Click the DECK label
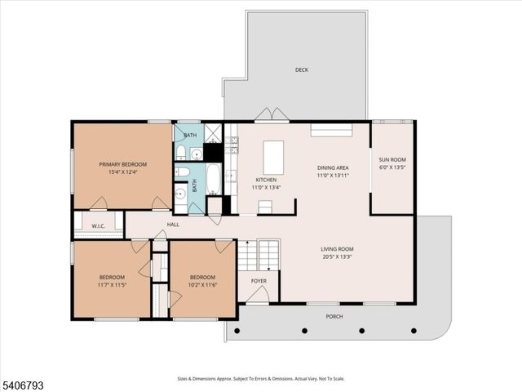click(x=301, y=70)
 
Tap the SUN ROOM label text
click(x=391, y=160)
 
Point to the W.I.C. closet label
click(x=97, y=225)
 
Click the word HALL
click(x=173, y=225)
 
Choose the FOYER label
click(x=258, y=281)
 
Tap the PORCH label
click(x=334, y=316)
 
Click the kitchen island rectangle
click(x=272, y=154)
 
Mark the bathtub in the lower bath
click(x=213, y=179)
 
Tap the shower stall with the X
click(x=212, y=133)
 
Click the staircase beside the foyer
click(x=259, y=256)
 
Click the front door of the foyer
click(x=258, y=297)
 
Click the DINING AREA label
click(x=333, y=167)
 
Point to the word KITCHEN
click(x=266, y=180)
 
